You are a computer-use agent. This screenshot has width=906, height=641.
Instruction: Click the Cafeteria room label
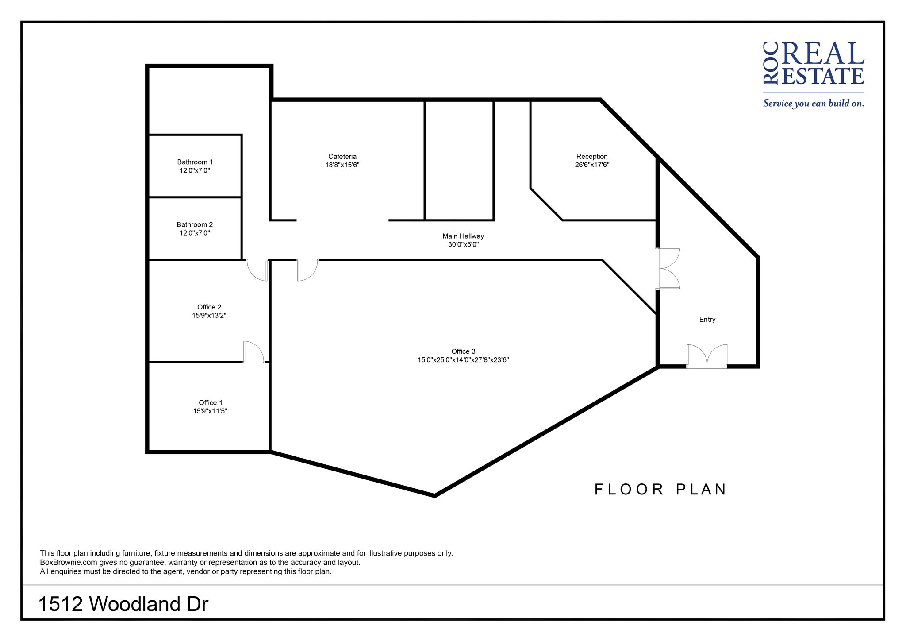(342, 157)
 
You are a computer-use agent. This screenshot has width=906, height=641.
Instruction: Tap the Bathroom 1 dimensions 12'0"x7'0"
(195, 170)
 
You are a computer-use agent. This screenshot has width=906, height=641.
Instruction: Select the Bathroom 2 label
(195, 224)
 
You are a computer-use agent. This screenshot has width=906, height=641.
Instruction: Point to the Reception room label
(591, 157)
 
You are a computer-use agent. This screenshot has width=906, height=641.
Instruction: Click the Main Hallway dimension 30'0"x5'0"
(463, 244)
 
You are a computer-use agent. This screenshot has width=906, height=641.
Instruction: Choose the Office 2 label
(209, 307)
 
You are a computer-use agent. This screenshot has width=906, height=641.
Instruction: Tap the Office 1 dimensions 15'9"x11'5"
(210, 411)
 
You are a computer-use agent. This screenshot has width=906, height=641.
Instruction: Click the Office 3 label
(463, 351)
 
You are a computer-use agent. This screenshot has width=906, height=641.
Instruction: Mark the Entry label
(707, 320)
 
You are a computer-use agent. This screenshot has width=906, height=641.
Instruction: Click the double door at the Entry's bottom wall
(706, 357)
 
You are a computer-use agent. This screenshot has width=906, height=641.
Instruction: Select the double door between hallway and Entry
(668, 269)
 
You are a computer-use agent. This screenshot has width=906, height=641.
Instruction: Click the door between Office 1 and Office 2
(253, 352)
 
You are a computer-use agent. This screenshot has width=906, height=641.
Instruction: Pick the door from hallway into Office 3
(307, 270)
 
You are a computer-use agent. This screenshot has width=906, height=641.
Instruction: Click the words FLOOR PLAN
(660, 490)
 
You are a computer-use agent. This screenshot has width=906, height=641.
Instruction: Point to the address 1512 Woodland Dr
(123, 604)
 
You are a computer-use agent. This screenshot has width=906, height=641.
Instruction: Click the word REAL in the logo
(823, 55)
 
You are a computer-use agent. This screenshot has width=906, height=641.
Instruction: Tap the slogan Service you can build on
(813, 104)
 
